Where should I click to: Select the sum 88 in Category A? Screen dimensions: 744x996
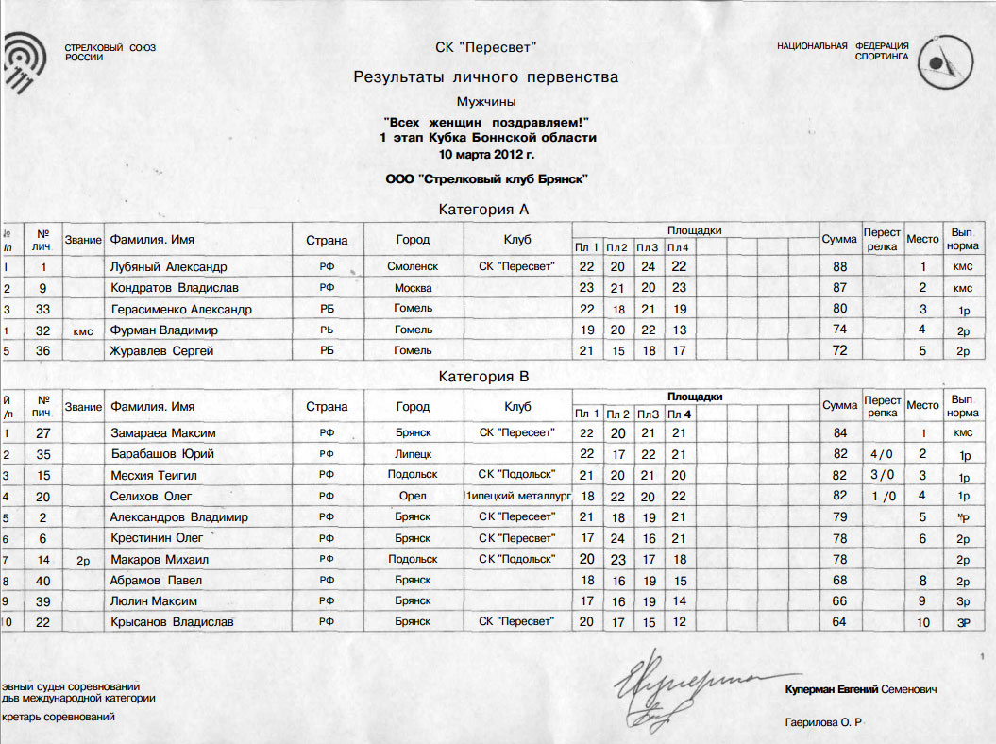tap(840, 267)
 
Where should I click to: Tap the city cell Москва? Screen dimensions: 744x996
tap(414, 288)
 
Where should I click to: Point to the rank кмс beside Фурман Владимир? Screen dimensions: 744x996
tap(83, 330)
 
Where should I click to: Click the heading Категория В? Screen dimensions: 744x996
tap(484, 377)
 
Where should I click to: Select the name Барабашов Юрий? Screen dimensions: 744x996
tap(162, 454)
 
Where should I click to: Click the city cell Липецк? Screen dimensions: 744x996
tap(414, 454)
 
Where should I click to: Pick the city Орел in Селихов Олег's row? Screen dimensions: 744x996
tap(414, 496)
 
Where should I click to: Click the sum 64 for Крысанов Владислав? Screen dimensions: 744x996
tap(840, 621)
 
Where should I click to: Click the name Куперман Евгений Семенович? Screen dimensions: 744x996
tap(860, 691)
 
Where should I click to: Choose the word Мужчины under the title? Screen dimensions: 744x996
tap(486, 100)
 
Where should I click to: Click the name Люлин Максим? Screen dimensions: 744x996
tap(153, 600)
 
